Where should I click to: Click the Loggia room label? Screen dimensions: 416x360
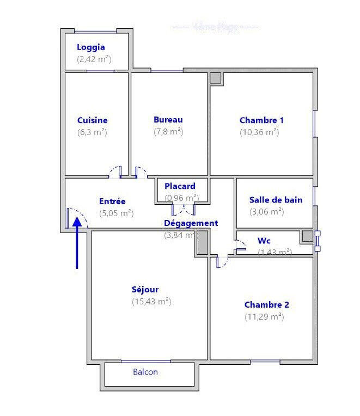(x=91, y=47)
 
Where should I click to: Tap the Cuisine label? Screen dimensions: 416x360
(x=93, y=120)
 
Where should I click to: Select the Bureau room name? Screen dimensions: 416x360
(x=168, y=120)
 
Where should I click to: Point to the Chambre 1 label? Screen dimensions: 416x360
(x=262, y=120)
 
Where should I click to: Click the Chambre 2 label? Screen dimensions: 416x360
(x=267, y=305)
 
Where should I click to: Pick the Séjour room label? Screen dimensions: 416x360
(x=145, y=290)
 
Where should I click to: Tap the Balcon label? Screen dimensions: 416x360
(x=145, y=372)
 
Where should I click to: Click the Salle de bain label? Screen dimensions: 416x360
(x=276, y=200)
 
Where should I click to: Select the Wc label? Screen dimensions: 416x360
(x=264, y=240)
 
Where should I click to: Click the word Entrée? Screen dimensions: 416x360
(x=112, y=201)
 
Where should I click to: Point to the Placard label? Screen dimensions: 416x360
(x=180, y=186)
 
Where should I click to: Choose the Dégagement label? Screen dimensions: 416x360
(x=191, y=223)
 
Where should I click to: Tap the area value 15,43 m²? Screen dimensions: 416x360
(x=151, y=302)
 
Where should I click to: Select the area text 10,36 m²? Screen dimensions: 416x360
(x=259, y=132)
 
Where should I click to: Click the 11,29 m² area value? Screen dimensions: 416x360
(x=264, y=317)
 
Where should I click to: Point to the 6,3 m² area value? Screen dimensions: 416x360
(x=93, y=132)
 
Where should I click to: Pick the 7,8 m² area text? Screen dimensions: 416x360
(x=168, y=132)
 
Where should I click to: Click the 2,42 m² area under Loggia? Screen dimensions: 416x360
(x=94, y=59)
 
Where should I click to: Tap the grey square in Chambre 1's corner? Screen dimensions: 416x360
(x=216, y=78)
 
